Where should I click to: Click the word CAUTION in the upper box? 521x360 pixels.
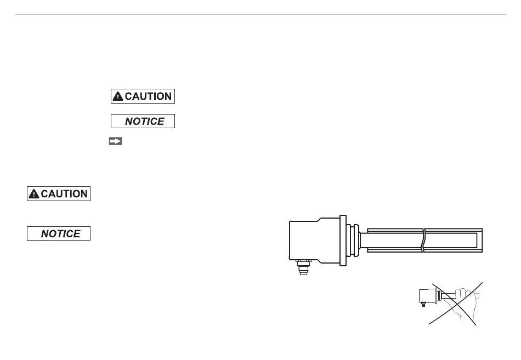pyautogui.click(x=148, y=96)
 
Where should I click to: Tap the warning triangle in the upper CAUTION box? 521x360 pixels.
pyautogui.click(x=118, y=96)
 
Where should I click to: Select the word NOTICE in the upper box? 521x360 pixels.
pyautogui.click(x=145, y=122)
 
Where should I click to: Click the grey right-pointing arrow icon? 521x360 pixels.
pyautogui.click(x=115, y=141)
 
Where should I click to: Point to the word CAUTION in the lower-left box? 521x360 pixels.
pyautogui.click(x=64, y=194)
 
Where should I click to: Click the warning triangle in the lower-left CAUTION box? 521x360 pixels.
pyautogui.click(x=34, y=194)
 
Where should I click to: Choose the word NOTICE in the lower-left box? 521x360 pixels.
pyautogui.click(x=60, y=234)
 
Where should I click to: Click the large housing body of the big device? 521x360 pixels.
pyautogui.click(x=314, y=240)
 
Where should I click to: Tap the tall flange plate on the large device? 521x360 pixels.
pyautogui.click(x=343, y=241)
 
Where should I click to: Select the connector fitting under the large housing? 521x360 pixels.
pyautogui.click(x=303, y=267)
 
